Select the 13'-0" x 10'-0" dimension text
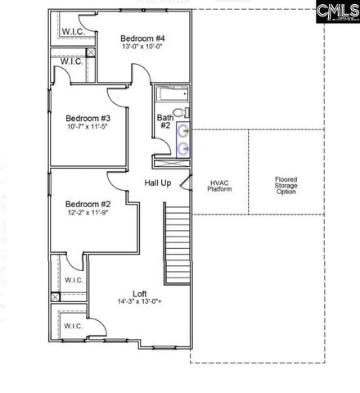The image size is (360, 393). click(142, 47)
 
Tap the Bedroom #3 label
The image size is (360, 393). click(88, 118)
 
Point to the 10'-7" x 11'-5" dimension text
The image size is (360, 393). click(88, 127)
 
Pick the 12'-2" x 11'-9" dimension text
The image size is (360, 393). click(88, 213)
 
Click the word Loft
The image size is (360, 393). click(140, 294)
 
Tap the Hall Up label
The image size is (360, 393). click(157, 183)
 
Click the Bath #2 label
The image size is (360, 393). click(164, 122)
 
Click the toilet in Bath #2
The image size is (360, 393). click(186, 113)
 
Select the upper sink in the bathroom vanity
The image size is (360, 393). click(184, 130)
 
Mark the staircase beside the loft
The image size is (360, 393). click(177, 233)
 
